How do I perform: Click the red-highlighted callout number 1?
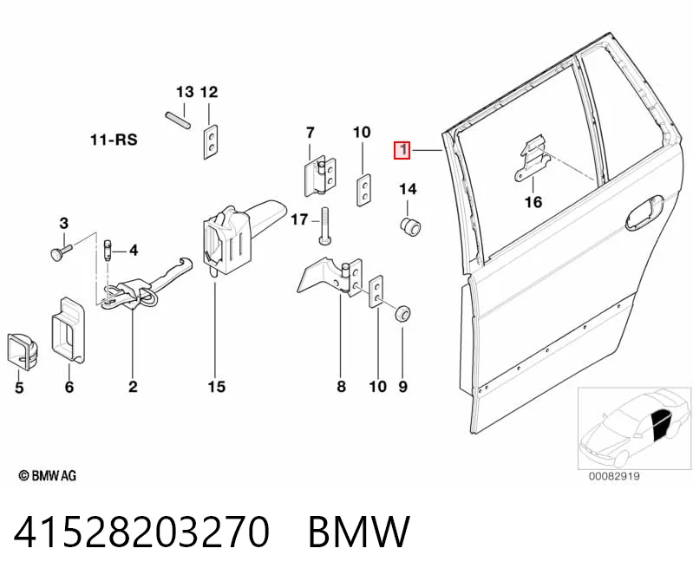(402, 150)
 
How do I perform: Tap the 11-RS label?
(114, 140)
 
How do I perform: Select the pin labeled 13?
(178, 121)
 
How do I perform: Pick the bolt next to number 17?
(324, 225)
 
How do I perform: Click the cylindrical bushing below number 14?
(409, 226)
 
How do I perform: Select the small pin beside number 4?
(108, 251)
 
